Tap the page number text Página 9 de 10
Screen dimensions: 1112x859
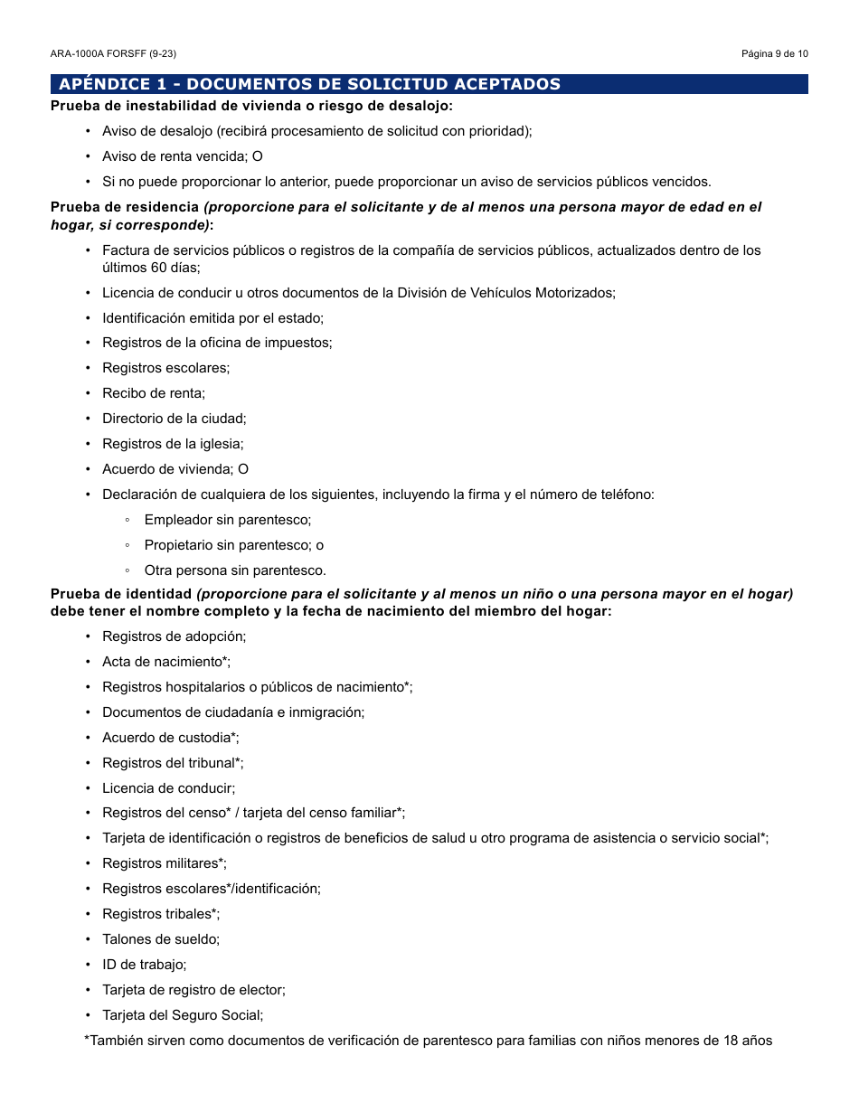coord(774,53)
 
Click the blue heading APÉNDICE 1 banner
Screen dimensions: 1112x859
coord(429,84)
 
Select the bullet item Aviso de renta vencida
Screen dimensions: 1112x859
coord(182,156)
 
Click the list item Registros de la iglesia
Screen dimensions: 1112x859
coord(173,444)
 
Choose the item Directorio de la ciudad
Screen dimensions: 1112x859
coord(174,419)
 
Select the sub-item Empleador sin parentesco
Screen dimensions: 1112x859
coord(227,520)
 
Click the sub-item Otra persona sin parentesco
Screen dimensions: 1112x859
coord(234,570)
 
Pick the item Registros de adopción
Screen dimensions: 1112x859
coord(174,636)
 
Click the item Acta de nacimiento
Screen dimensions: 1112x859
coord(165,662)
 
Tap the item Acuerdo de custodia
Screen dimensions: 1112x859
coord(170,738)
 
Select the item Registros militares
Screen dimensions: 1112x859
coord(164,863)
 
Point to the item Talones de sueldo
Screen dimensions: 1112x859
coord(161,939)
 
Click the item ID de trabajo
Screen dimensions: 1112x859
coord(144,965)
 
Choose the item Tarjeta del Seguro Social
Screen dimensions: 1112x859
coord(183,1015)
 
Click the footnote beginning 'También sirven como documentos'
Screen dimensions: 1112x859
coord(428,1041)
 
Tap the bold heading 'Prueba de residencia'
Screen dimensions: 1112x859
coord(124,207)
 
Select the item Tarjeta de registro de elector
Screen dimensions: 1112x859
coord(194,990)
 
